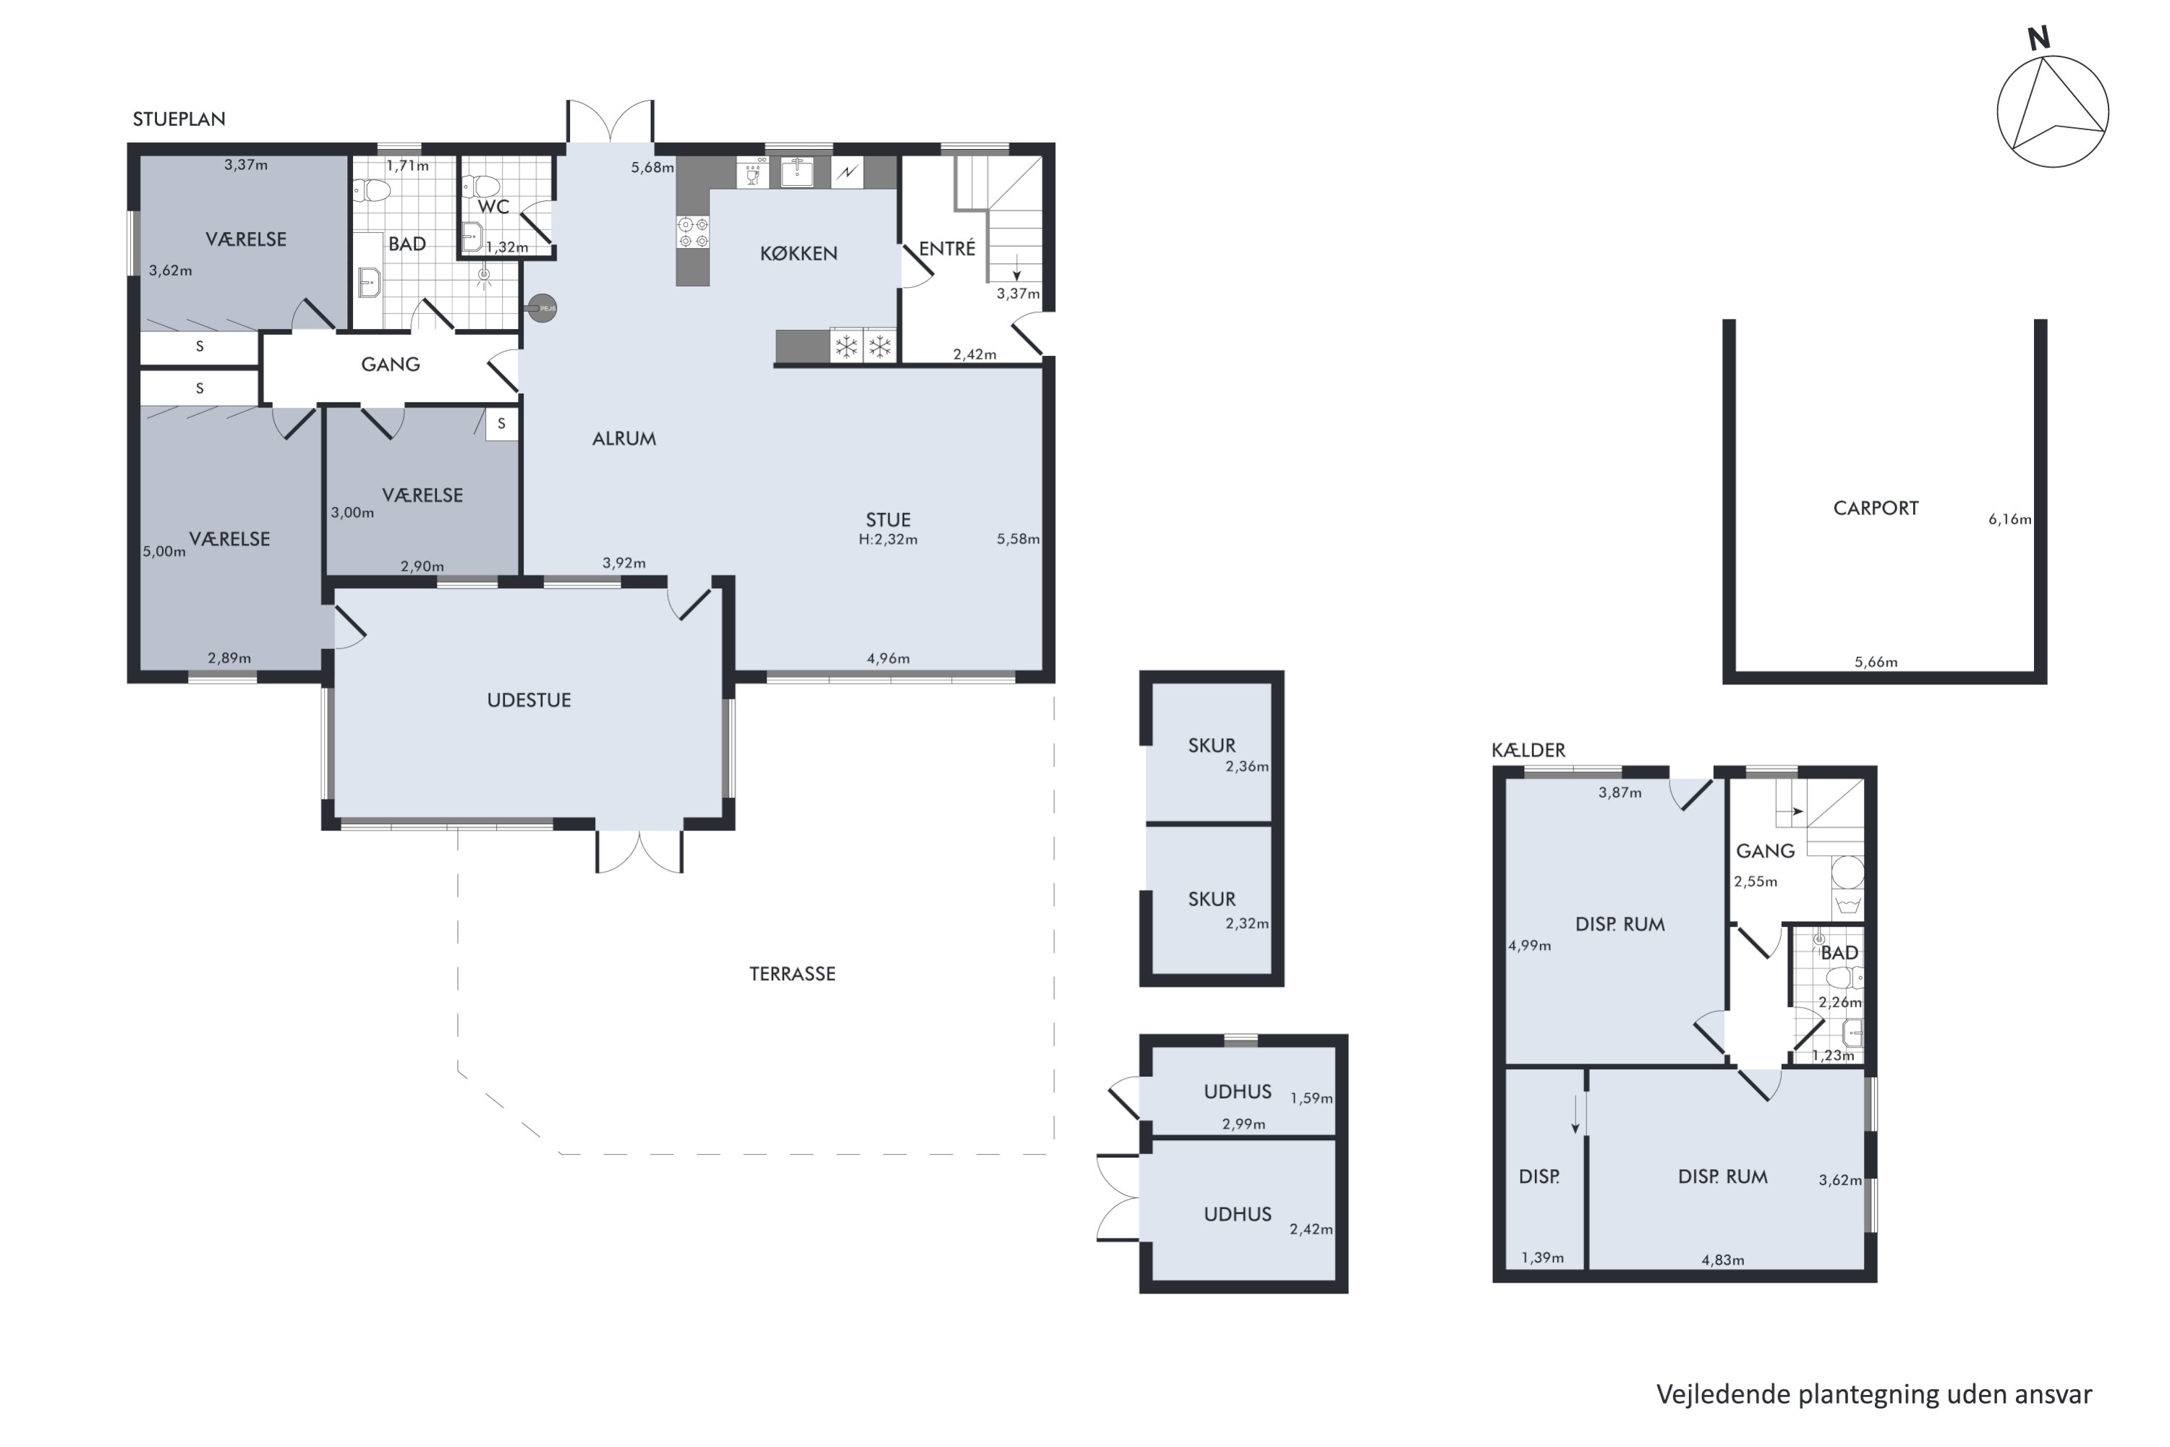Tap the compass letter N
click(2038, 39)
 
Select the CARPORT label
click(1876, 509)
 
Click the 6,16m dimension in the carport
click(2009, 519)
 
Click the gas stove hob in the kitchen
click(693, 232)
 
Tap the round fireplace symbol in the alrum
click(542, 308)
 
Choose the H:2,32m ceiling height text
click(888, 540)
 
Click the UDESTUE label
click(529, 700)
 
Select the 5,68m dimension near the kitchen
click(652, 168)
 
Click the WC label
click(493, 207)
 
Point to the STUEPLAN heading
click(179, 119)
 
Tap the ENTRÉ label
click(947, 248)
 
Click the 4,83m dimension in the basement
click(1722, 1260)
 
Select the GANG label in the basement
click(1765, 851)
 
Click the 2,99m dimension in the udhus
click(1243, 1124)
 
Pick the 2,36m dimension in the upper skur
click(1246, 766)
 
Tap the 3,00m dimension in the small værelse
click(352, 513)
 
